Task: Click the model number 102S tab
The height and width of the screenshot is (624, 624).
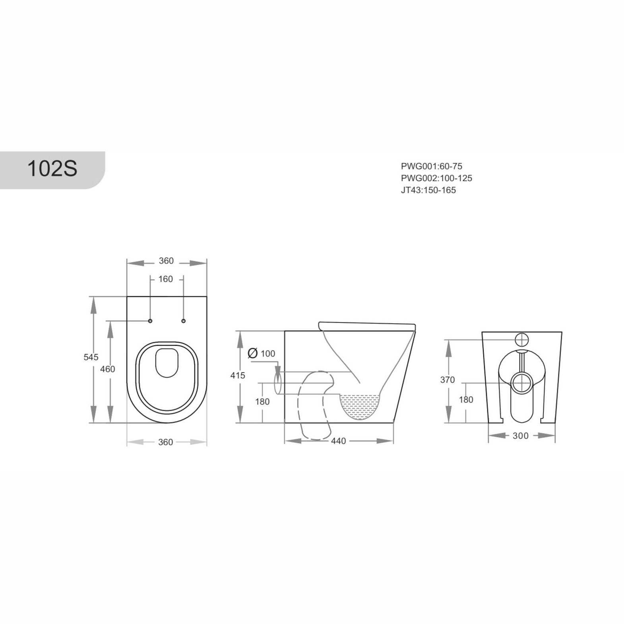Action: (x=52, y=169)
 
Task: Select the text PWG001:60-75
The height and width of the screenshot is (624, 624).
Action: (x=431, y=166)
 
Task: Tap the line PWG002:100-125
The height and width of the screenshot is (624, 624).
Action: (x=436, y=178)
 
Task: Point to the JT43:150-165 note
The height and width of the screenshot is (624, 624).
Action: (x=428, y=190)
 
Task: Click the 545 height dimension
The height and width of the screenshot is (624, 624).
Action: (x=91, y=357)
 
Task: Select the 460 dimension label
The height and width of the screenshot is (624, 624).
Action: (x=107, y=369)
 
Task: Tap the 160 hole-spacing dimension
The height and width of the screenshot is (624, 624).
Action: (x=166, y=279)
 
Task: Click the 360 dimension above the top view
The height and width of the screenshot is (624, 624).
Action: (x=166, y=261)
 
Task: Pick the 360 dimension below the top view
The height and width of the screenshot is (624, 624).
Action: (x=165, y=442)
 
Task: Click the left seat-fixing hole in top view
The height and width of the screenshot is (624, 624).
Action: (x=150, y=321)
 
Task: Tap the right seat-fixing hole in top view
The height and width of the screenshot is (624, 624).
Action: (x=183, y=321)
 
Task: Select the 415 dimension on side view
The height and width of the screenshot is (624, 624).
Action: (x=238, y=375)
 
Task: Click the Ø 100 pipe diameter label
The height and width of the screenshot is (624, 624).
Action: (x=261, y=353)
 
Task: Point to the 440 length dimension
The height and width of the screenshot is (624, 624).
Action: (x=339, y=441)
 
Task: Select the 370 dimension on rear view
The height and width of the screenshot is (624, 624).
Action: (x=447, y=380)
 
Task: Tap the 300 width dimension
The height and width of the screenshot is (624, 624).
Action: (x=520, y=436)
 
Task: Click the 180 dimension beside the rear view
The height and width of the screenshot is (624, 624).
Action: (x=466, y=400)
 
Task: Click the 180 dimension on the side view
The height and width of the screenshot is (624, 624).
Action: (x=262, y=401)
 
